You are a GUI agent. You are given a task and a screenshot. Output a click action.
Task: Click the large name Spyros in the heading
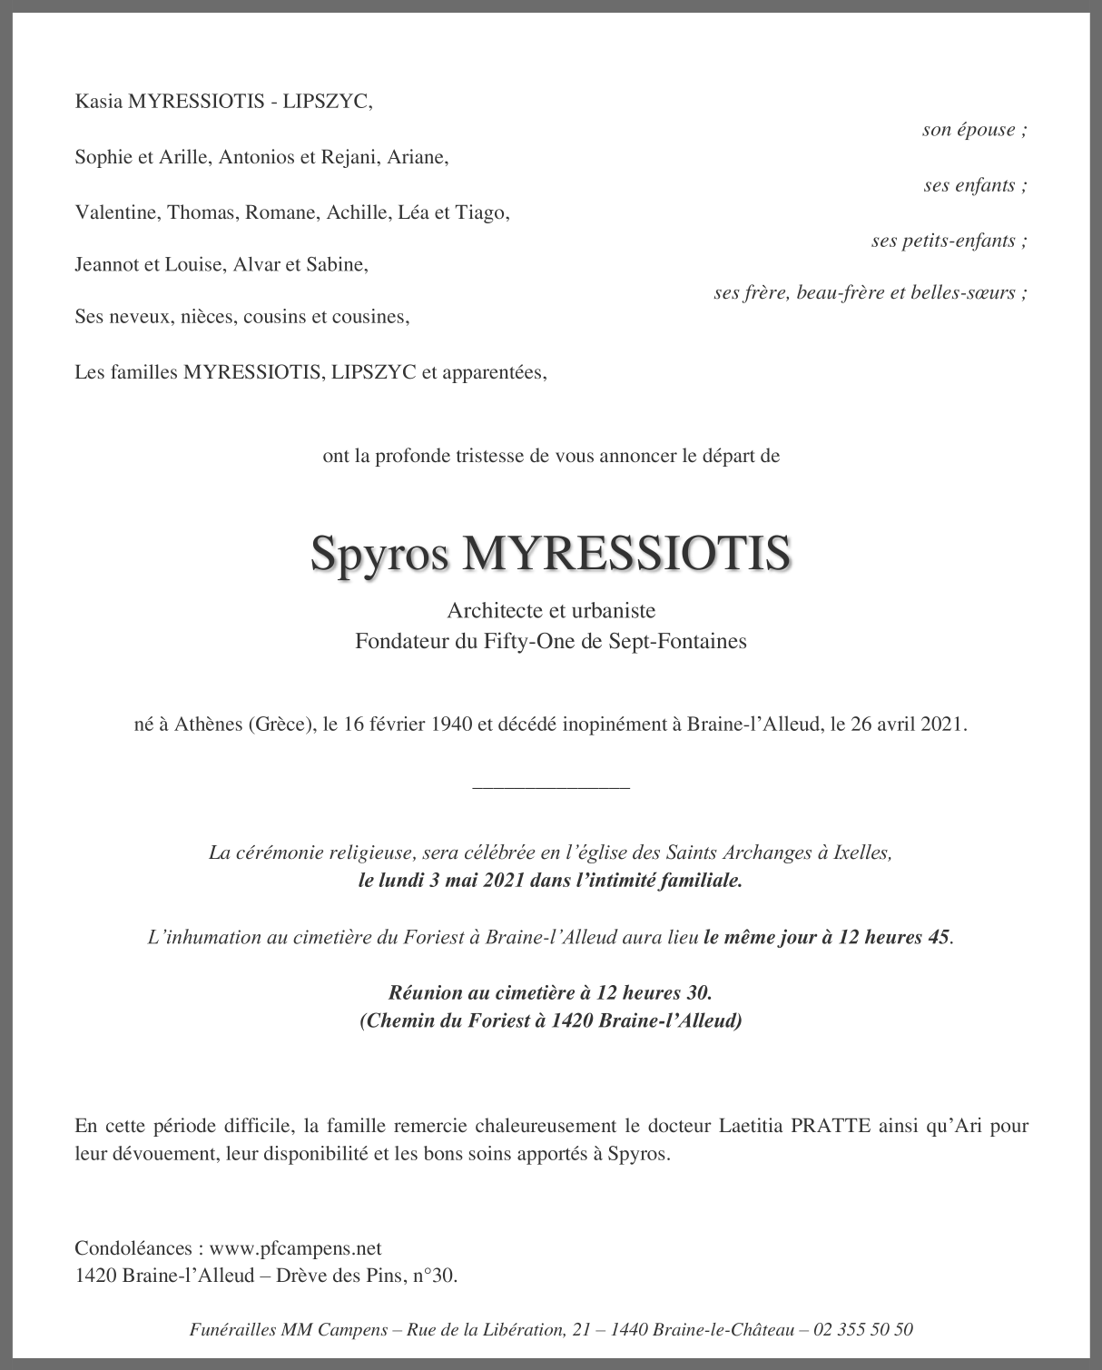(379, 553)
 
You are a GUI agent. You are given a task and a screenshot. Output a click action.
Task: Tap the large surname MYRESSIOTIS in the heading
(626, 553)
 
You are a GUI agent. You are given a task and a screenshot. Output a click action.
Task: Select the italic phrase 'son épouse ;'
(974, 129)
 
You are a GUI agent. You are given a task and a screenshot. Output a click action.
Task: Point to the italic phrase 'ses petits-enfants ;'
(949, 241)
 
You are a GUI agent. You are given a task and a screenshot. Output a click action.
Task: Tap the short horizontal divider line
(551, 787)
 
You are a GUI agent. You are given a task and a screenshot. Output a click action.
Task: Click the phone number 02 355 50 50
(863, 1330)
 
